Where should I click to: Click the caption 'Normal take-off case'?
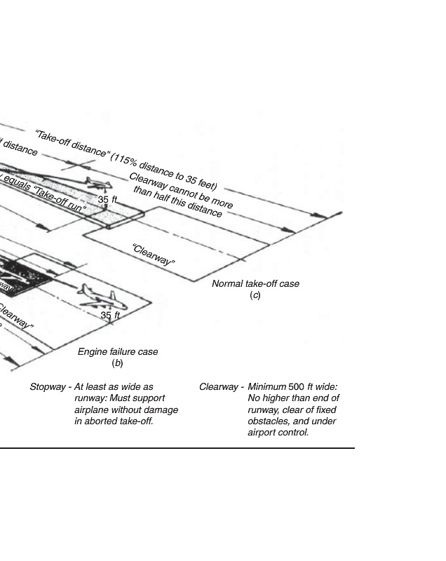click(255, 284)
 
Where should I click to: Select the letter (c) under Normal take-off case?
click(255, 295)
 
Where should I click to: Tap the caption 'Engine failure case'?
click(118, 352)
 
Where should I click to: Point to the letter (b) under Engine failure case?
click(118, 363)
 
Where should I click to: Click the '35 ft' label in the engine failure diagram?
click(110, 316)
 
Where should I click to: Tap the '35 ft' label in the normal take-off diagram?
click(107, 200)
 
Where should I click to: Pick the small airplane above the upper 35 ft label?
click(98, 184)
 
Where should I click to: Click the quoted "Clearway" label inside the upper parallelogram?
click(154, 255)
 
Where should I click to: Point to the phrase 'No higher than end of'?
click(293, 398)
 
